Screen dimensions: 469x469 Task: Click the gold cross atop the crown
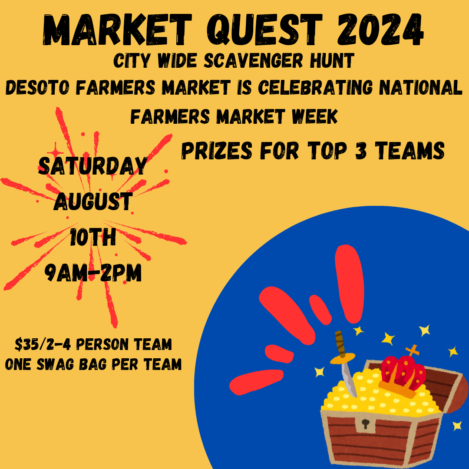[x=412, y=350]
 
